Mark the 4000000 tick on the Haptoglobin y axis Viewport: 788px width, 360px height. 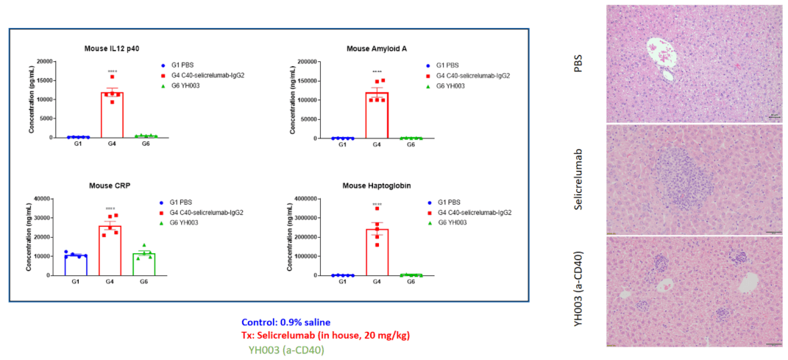tap(306, 199)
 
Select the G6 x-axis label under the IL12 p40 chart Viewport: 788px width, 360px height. tap(145, 144)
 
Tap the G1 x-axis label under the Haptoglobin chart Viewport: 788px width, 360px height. tap(342, 282)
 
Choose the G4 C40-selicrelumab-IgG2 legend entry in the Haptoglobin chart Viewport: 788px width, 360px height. tap(473, 212)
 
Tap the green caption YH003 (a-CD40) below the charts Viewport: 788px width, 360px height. tap(285, 350)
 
